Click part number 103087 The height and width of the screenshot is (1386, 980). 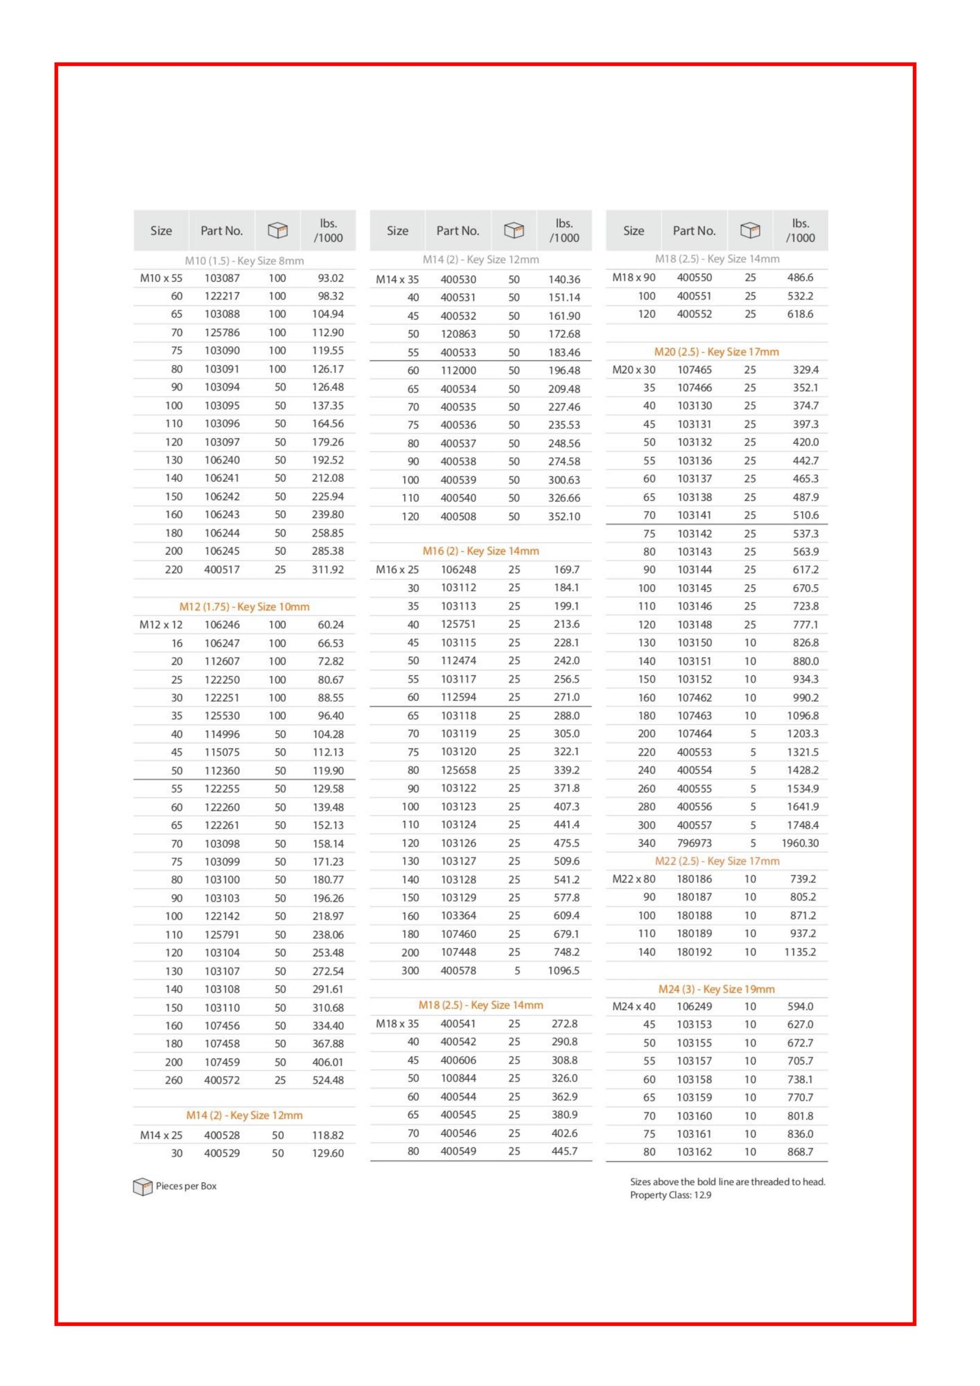pyautogui.click(x=221, y=278)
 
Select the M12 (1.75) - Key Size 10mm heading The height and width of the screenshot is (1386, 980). pyautogui.click(x=244, y=607)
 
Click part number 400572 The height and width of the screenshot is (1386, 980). pyautogui.click(x=221, y=1080)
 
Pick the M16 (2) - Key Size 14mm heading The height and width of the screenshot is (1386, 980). pyautogui.click(x=481, y=551)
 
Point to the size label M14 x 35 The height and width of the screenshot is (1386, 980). pyautogui.click(x=397, y=279)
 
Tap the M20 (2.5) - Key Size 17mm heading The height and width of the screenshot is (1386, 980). pyautogui.click(x=716, y=351)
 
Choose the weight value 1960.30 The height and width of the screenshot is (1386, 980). pyautogui.click(x=800, y=844)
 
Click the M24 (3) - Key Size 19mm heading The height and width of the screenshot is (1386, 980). pyautogui.click(x=716, y=989)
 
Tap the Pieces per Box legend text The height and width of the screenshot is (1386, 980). pyautogui.click(x=186, y=1186)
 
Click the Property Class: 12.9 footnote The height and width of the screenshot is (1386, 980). pyautogui.click(x=670, y=1195)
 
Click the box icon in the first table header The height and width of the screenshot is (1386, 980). pyautogui.click(x=278, y=230)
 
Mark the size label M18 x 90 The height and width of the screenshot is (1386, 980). pyautogui.click(x=633, y=278)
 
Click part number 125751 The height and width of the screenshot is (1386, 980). pyautogui.click(x=458, y=624)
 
